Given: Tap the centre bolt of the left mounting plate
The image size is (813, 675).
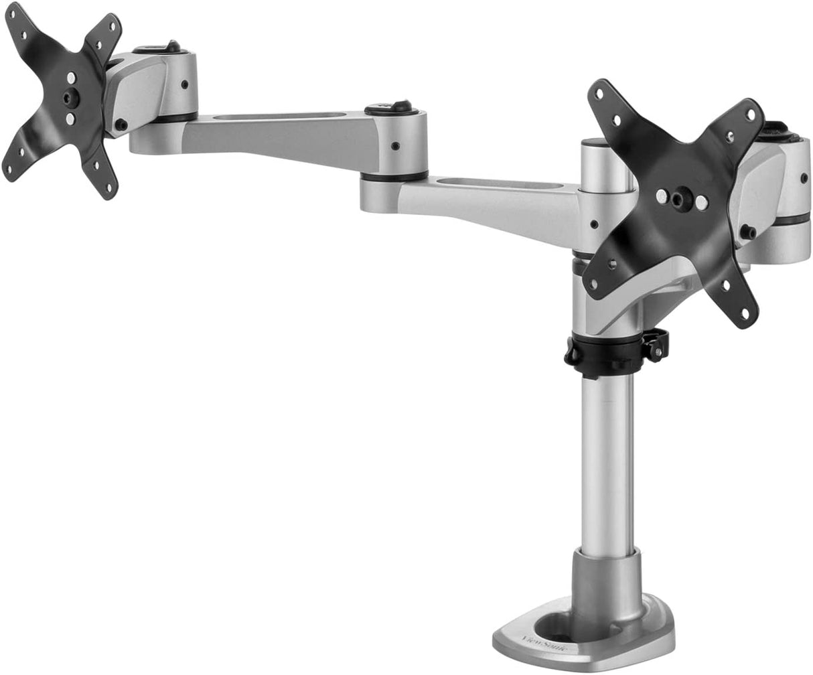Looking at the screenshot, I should [x=70, y=98].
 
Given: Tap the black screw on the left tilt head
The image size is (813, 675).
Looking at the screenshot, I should [x=121, y=125].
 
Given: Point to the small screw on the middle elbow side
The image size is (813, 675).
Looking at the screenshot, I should [x=396, y=145].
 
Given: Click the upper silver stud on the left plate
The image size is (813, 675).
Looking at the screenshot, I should [x=72, y=78].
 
